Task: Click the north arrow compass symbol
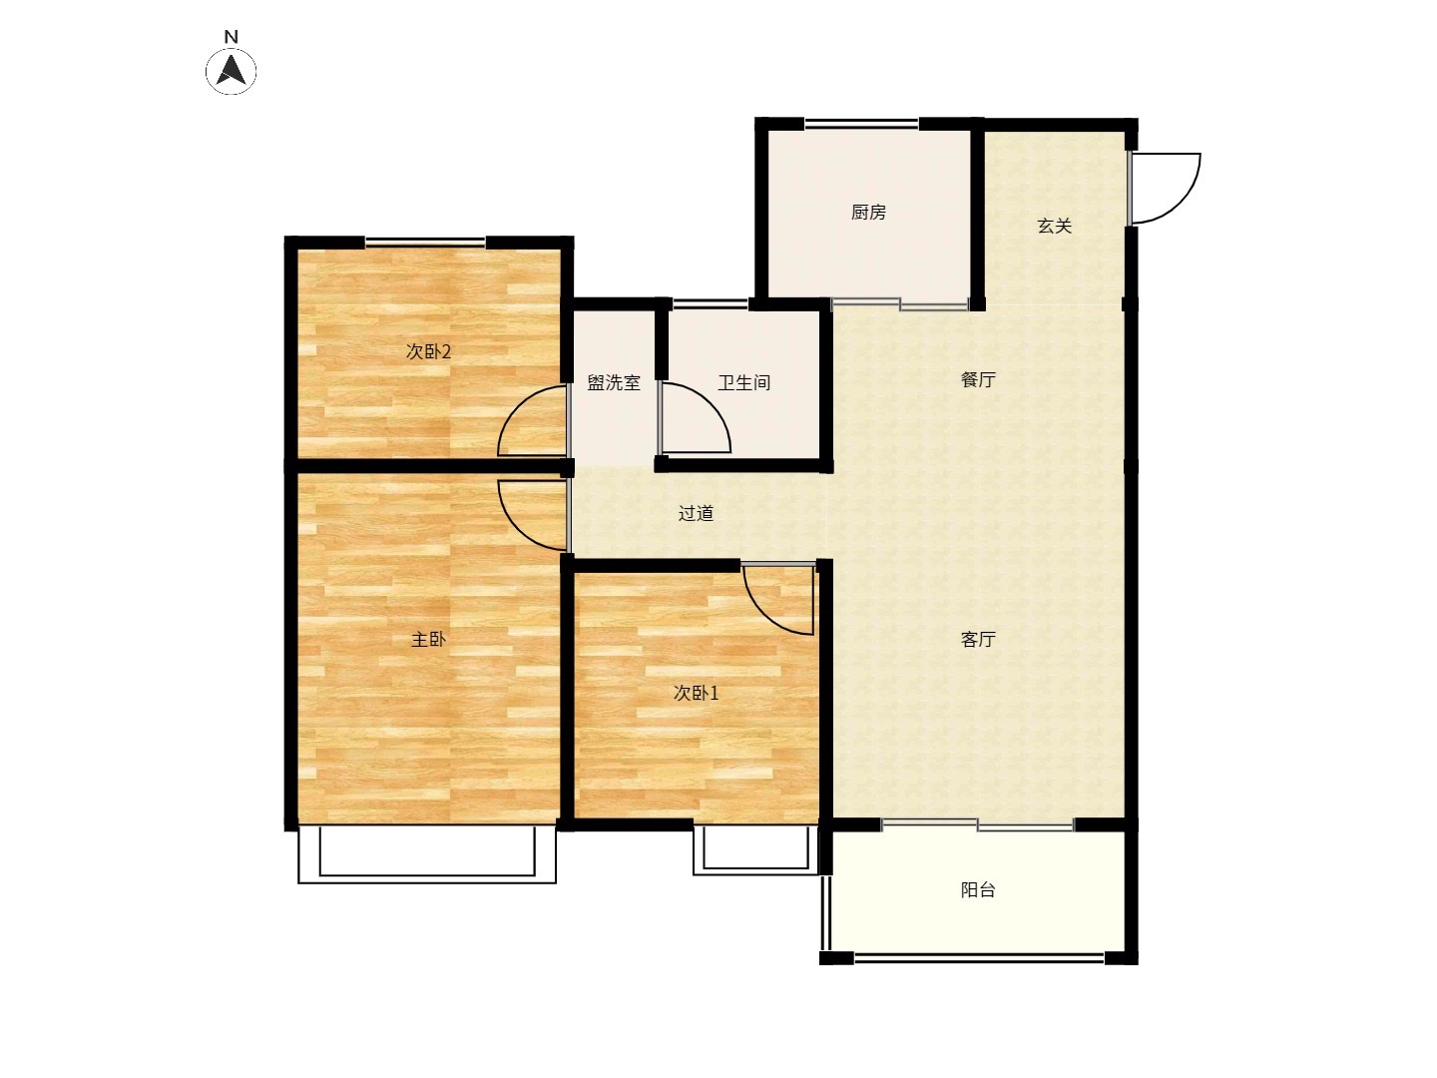[x=232, y=71]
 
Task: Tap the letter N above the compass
[x=232, y=37]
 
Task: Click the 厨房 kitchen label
[x=868, y=212]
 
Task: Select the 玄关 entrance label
[x=1055, y=227]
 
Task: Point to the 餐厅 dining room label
[x=978, y=379]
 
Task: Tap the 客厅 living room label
[x=978, y=639]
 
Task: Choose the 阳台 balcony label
[x=978, y=889]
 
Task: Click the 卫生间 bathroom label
[x=743, y=382]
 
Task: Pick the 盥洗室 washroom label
[x=614, y=382]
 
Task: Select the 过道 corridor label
[x=696, y=513]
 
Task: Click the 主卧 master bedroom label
[x=428, y=639]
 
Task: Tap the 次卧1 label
[x=696, y=693]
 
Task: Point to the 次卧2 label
[x=428, y=351]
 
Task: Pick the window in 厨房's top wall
[x=861, y=123]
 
